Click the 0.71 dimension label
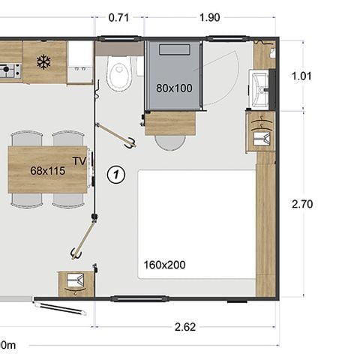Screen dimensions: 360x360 tap(118, 18)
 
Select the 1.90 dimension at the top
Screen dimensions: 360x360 tap(210, 18)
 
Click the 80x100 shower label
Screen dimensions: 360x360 tap(174, 88)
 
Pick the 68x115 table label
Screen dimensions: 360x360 tap(47, 170)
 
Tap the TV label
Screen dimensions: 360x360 tap(79, 160)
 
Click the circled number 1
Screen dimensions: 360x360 tap(115, 174)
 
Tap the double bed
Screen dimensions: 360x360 tap(196, 223)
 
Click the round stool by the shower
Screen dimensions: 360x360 tap(170, 140)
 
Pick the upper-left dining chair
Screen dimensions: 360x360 tap(27, 139)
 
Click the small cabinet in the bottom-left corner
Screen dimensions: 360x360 tap(75, 283)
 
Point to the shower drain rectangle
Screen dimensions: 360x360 tap(181, 49)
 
